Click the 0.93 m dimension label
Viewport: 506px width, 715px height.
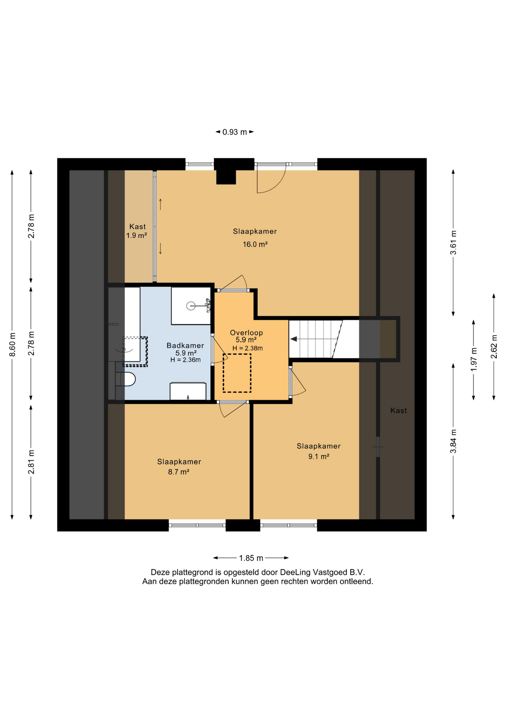click(x=235, y=132)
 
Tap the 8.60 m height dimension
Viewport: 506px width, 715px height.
click(x=12, y=344)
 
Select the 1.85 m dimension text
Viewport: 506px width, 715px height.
click(x=251, y=558)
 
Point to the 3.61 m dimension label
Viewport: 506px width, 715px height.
click(x=453, y=242)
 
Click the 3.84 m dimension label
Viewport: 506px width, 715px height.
click(x=453, y=441)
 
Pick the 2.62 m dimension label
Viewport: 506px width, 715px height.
click(x=494, y=347)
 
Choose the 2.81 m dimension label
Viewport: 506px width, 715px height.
click(x=31, y=462)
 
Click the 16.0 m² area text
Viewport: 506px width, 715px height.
click(x=255, y=244)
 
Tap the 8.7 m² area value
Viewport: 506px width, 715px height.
click(x=179, y=472)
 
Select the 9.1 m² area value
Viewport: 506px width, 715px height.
click(x=319, y=457)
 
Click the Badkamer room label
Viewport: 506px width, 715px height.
click(x=185, y=346)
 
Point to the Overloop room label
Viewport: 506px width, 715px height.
click(x=246, y=333)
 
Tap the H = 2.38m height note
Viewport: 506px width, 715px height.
click(x=247, y=348)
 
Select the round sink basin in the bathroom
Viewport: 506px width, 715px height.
click(x=191, y=306)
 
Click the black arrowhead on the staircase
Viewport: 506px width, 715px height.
click(x=294, y=339)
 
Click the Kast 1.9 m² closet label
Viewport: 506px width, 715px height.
click(x=137, y=231)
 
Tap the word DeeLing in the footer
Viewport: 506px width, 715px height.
click(x=295, y=572)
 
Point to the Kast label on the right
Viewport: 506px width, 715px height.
click(x=398, y=410)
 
